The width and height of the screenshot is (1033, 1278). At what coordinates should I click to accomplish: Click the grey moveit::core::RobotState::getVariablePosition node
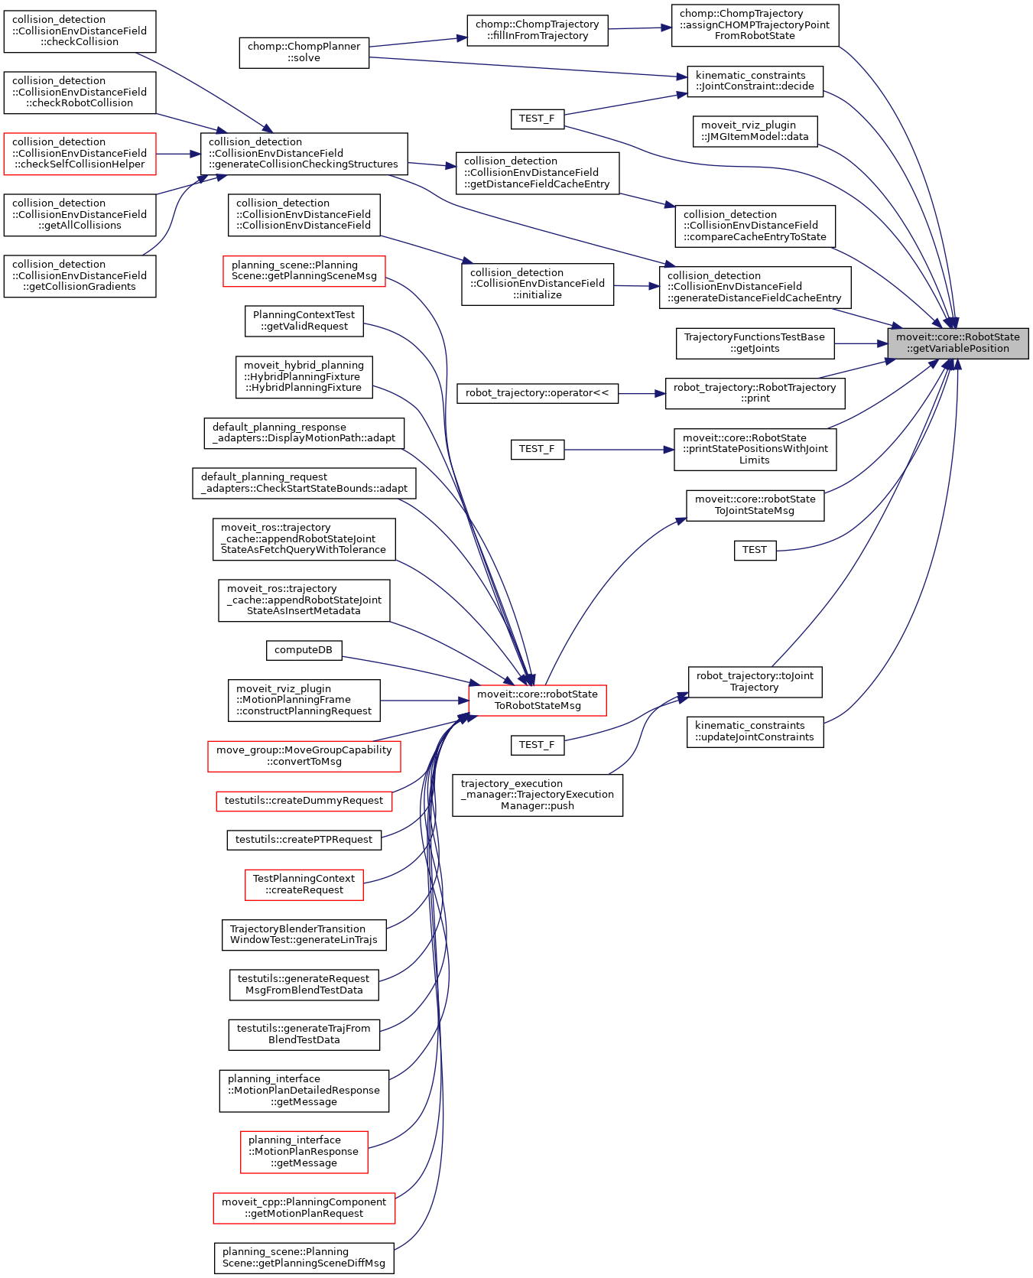[x=957, y=343]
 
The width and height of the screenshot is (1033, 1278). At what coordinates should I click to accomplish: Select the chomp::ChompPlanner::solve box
[x=304, y=52]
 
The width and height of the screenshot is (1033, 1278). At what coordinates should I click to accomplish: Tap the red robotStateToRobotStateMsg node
[x=537, y=700]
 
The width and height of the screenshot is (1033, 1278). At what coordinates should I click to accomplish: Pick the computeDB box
[x=304, y=650]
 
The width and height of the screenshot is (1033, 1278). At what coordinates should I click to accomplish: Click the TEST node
[x=754, y=550]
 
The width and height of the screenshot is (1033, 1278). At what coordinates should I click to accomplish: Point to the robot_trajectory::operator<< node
[x=537, y=393]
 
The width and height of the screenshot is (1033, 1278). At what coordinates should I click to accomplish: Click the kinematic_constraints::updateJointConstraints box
[x=754, y=731]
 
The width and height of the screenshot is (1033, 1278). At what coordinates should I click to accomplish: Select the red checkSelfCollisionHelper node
[x=80, y=153]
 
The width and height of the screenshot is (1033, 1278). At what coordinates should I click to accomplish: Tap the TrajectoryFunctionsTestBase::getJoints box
[x=754, y=343]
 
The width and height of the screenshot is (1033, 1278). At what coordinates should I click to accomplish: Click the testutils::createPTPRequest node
[x=304, y=840]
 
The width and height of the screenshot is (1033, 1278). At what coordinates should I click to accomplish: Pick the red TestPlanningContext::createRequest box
[x=304, y=884]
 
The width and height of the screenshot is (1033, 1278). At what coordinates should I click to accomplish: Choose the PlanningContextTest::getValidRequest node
[x=304, y=320]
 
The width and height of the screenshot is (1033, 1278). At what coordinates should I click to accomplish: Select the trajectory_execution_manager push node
[x=537, y=795]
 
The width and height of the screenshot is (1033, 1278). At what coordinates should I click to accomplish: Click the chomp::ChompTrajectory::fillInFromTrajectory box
[x=537, y=30]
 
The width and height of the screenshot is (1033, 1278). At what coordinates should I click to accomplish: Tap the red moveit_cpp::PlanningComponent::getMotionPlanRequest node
[x=304, y=1208]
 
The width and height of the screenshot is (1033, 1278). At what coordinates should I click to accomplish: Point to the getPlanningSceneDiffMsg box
[x=304, y=1257]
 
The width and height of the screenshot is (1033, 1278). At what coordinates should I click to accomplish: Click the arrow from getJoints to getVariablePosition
[x=860, y=343]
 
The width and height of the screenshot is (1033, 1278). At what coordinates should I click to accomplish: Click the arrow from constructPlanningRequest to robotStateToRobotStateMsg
[x=424, y=701]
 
